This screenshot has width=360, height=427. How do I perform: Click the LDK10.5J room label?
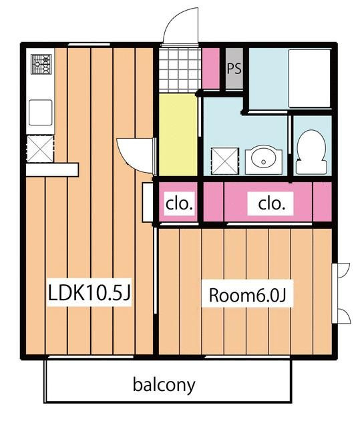[89, 292]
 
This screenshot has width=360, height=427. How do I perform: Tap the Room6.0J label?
[247, 295]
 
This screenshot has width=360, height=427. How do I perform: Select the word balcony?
[164, 386]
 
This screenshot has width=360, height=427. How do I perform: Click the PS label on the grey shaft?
[234, 69]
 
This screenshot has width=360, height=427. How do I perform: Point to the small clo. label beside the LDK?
[179, 203]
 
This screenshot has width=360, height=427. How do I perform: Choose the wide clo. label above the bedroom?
[271, 203]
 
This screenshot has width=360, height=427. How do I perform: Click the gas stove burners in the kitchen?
[41, 64]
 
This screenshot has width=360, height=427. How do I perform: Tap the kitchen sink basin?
[41, 113]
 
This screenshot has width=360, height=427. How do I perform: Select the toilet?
[311, 152]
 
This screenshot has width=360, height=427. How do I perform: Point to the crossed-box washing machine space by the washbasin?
[225, 161]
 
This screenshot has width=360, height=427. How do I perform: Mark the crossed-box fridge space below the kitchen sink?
[40, 149]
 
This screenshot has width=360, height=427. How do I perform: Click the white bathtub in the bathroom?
[310, 79]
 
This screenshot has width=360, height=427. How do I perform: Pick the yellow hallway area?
[178, 135]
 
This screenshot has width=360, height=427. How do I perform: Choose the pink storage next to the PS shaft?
[210, 68]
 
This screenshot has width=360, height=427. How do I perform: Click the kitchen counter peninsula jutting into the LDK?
[52, 169]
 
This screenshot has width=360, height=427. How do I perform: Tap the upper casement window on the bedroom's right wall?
[341, 270]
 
